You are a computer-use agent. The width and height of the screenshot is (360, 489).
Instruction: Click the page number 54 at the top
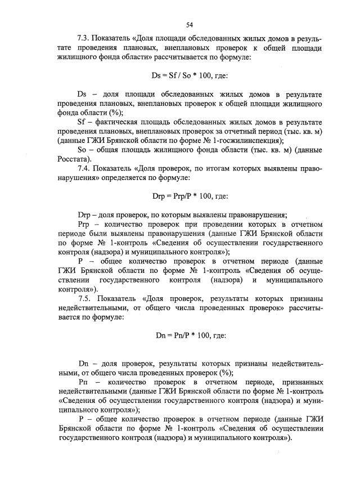(190, 24)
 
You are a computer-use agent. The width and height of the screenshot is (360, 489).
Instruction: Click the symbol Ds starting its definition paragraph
(82, 94)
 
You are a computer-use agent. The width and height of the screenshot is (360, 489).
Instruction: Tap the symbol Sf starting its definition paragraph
(81, 122)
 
